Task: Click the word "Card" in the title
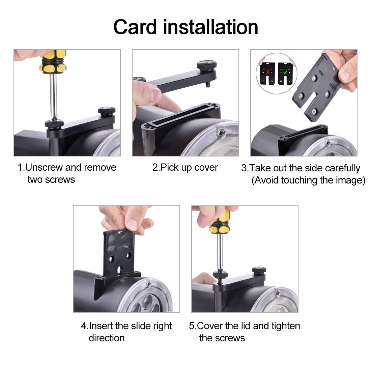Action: coord(135,27)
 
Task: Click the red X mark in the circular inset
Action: coord(267,72)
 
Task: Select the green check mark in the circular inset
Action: coord(285,72)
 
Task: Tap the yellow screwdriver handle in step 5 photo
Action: coord(220,221)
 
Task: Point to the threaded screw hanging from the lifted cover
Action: coord(208,84)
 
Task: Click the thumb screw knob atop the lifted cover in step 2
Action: coord(206,65)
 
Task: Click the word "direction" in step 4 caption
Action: coord(107,338)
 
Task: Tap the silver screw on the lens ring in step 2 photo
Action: coord(222,133)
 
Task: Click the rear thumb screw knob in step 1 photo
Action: coord(107,110)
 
